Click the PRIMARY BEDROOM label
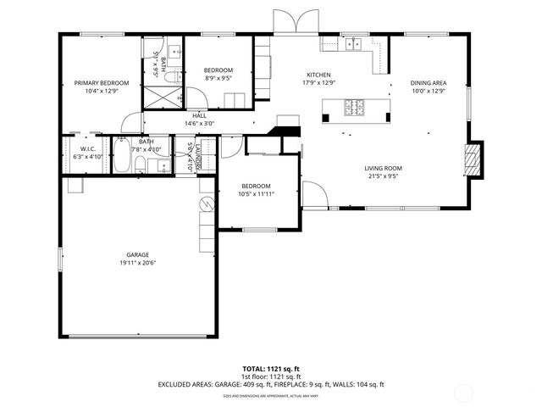click(102, 82)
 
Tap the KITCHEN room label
click(318, 75)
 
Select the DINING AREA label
click(429, 82)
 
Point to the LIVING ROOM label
click(383, 169)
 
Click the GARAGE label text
click(138, 254)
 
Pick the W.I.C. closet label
click(88, 148)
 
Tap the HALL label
click(200, 115)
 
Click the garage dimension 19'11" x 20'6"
click(138, 263)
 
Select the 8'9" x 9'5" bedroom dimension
click(218, 78)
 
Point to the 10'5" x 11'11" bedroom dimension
click(256, 194)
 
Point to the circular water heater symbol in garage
click(204, 205)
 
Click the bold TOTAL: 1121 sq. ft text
click(271, 369)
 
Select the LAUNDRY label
click(197, 155)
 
